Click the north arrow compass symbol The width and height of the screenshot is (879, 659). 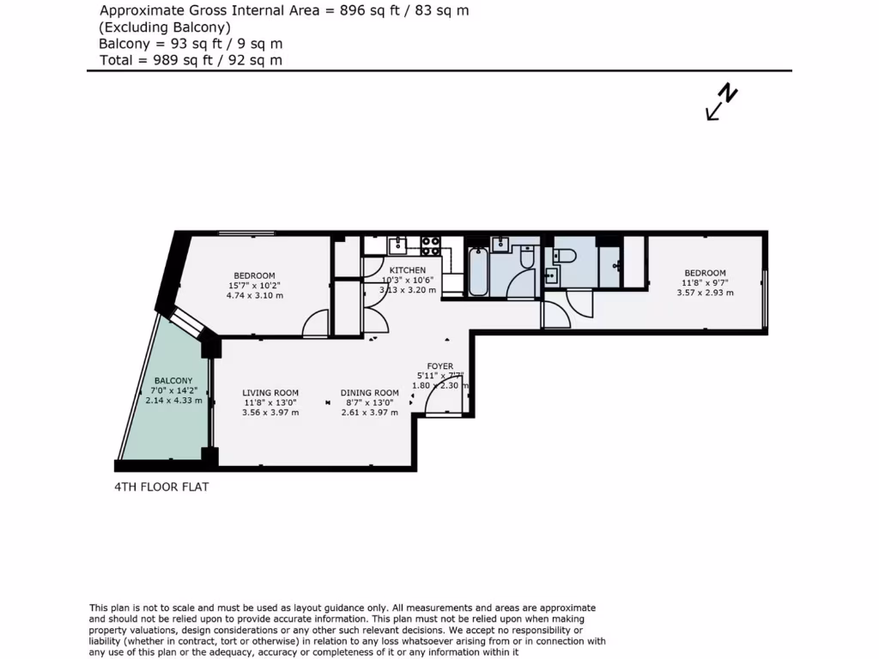pyautogui.click(x=722, y=102)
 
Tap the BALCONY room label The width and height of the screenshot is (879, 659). pyautogui.click(x=173, y=380)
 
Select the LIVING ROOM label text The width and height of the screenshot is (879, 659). pyautogui.click(x=270, y=393)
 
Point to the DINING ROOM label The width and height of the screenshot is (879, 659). pyautogui.click(x=369, y=393)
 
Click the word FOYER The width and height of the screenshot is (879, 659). pyautogui.click(x=439, y=366)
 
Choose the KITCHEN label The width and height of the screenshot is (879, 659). pyautogui.click(x=408, y=270)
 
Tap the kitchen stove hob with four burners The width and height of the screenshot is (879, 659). pyautogui.click(x=430, y=245)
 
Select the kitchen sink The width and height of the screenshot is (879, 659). pyautogui.click(x=398, y=246)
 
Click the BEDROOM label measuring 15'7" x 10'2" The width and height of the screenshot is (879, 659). pyautogui.click(x=254, y=275)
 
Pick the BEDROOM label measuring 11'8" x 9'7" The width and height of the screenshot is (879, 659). pyautogui.click(x=705, y=273)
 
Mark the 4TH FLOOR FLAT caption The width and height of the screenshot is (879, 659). pyautogui.click(x=161, y=487)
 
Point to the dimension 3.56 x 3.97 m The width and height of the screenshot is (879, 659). pyautogui.click(x=270, y=413)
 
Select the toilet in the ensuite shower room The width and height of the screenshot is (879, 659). pyautogui.click(x=564, y=255)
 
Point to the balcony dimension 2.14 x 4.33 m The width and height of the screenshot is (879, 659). pyautogui.click(x=173, y=401)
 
